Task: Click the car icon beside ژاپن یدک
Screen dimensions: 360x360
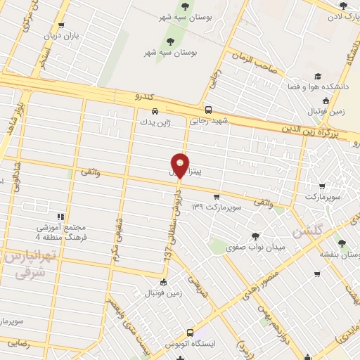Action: pyautogui.click(x=155, y=110)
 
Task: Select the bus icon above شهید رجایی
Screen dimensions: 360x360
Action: pyautogui.click(x=208, y=109)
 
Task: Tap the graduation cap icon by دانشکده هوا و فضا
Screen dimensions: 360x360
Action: pyautogui.click(x=318, y=75)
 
